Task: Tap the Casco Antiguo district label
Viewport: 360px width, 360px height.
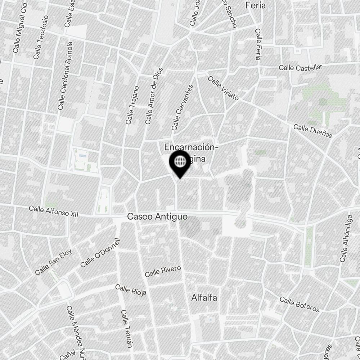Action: coord(157,217)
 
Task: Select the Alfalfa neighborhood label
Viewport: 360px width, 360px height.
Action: coord(204,298)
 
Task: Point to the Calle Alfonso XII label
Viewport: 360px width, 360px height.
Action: coord(53,211)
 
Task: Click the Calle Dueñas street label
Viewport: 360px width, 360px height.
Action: coord(312,131)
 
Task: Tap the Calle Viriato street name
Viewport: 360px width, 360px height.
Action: coord(223,89)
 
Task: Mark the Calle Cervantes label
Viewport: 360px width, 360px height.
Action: coord(183,107)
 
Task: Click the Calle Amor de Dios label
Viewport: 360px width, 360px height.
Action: coord(154,96)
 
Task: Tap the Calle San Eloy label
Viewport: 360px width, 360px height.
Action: coord(54,262)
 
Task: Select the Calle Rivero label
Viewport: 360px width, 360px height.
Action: coord(162,271)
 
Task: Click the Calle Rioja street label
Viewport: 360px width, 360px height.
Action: coord(131,290)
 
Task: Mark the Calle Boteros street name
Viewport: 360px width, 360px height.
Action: coord(299,305)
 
